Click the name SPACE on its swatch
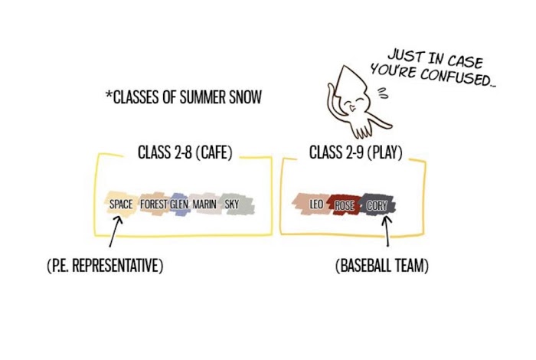(120, 205)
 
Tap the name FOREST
(154, 205)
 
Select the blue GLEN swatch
(178, 205)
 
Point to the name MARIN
(204, 205)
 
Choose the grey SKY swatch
(232, 205)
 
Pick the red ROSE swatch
(345, 206)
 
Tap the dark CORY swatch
(377, 206)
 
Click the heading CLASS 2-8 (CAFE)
(185, 152)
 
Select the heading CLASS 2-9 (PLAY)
(355, 152)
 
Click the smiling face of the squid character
(358, 105)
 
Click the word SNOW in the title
(243, 97)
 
